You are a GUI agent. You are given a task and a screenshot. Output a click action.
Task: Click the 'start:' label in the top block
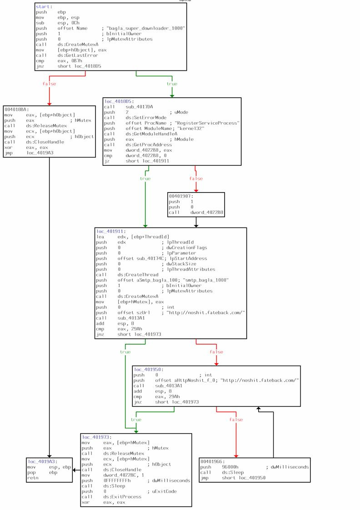[44, 7]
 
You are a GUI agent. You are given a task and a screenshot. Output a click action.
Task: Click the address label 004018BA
[14, 109]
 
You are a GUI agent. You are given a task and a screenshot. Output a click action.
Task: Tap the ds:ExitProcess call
[122, 497]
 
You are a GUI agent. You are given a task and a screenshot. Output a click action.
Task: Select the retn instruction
[32, 478]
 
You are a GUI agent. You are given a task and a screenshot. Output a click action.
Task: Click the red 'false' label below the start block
[49, 84]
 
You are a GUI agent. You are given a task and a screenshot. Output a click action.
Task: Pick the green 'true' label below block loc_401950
[136, 420]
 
